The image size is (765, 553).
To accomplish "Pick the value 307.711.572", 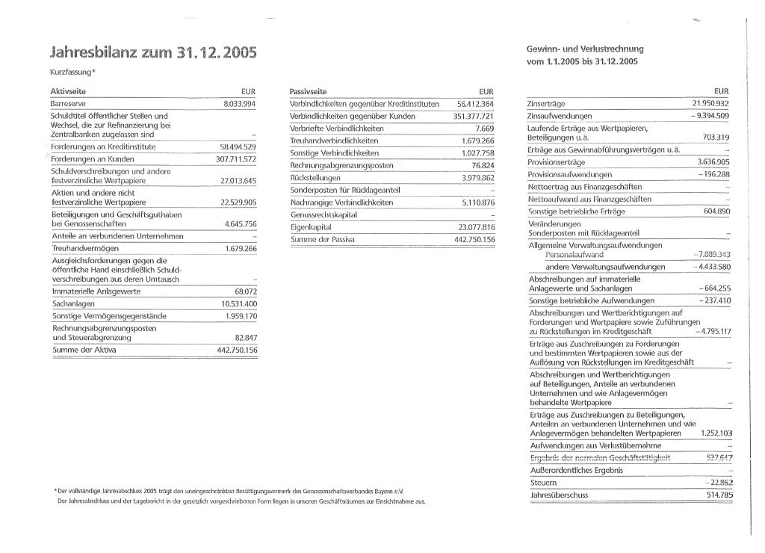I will pos(236,160).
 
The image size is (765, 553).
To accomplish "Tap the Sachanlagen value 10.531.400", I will pos(239,304).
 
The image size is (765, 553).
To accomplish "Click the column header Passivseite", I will pos(309,90).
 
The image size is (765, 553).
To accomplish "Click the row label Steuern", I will pos(542,483).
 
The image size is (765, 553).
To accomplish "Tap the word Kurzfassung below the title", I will pos(71,72).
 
